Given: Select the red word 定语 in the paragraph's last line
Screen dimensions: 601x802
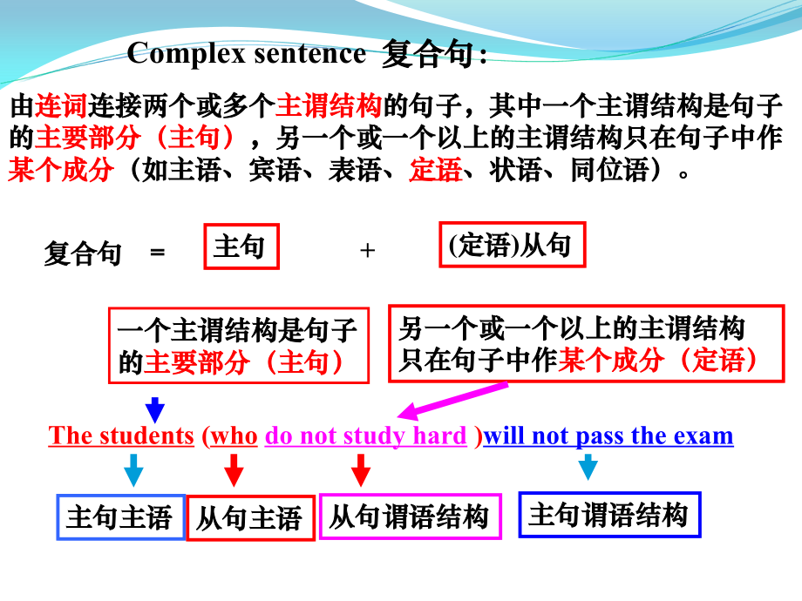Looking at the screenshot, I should click(435, 170).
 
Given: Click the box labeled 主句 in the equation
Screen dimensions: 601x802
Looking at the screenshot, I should click(241, 247).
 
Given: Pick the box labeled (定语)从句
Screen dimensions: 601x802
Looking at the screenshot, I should click(511, 246).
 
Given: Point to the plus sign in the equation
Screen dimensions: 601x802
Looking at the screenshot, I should click(367, 251).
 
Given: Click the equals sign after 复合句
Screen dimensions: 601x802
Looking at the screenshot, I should click(157, 253).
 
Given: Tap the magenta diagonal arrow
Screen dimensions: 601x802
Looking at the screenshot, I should click(453, 400).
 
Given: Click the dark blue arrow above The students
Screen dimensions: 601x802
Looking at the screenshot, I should click(155, 408).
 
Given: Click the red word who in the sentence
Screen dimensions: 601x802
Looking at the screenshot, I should click(234, 436).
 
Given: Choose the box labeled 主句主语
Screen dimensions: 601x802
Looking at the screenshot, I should click(120, 517).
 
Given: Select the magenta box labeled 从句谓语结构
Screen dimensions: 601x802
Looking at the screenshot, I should click(410, 517).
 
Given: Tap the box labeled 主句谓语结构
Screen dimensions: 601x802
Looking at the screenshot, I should click(608, 515).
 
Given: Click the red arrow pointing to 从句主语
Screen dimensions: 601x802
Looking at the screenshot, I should click(234, 469).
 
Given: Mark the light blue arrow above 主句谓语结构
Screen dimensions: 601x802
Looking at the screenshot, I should click(588, 467).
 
